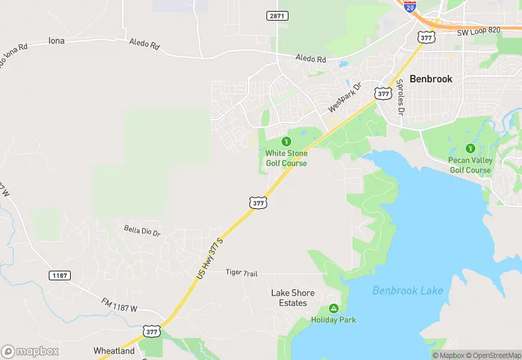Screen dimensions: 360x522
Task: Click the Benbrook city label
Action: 431,79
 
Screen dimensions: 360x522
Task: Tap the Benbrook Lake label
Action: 407,291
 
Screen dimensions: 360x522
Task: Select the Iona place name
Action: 56,41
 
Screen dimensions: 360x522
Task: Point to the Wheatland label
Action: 114,351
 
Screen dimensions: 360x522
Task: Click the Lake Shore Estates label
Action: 293,297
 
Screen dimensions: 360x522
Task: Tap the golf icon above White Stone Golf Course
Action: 286,142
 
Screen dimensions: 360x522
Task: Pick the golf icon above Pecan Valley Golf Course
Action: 470,148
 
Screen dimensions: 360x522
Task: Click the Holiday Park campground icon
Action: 334,308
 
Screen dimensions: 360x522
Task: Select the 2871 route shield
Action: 277,15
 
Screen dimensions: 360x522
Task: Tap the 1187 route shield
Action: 60,275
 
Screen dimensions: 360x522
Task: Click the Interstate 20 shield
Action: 410,7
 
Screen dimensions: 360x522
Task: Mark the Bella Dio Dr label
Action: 142,230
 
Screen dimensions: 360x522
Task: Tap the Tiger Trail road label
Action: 242,273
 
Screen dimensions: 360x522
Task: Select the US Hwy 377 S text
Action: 210,258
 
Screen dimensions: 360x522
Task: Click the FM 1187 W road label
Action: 120,307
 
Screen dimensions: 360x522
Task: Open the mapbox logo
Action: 30,351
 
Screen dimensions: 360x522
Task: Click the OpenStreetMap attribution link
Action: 494,355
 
